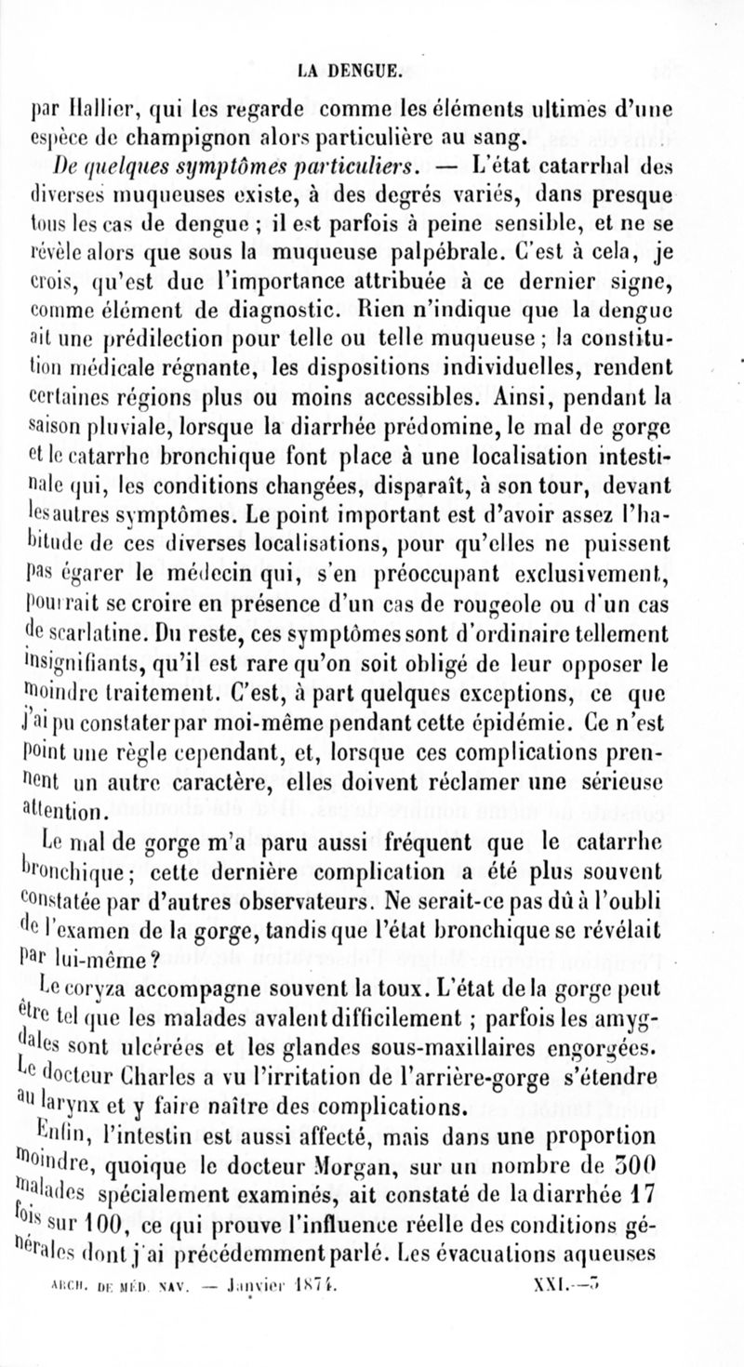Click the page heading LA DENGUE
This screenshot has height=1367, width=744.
pyautogui.click(x=372, y=68)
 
